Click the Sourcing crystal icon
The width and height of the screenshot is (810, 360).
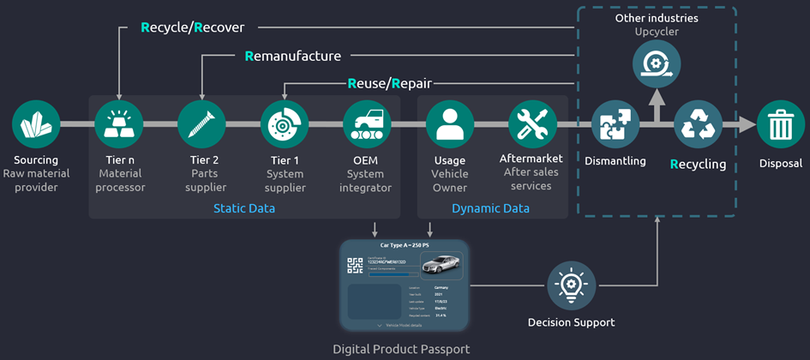click(36, 125)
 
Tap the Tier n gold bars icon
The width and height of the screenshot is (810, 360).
click(118, 125)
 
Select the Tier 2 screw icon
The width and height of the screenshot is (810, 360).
click(201, 125)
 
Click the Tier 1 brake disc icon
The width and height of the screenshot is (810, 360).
click(285, 125)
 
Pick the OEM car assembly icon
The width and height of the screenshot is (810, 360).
click(367, 125)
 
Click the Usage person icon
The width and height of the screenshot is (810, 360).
click(449, 125)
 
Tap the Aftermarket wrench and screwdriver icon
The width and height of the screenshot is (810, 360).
click(531, 125)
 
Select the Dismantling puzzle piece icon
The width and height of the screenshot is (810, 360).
click(615, 125)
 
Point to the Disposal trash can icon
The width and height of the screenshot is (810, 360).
click(780, 125)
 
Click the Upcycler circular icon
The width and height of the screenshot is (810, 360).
click(657, 64)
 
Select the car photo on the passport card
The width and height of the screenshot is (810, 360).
click(441, 265)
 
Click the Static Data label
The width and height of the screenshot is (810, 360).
click(244, 209)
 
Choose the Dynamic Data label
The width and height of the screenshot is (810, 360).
click(489, 209)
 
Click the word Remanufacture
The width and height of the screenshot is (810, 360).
click(293, 56)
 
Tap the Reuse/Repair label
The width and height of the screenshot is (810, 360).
click(389, 83)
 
